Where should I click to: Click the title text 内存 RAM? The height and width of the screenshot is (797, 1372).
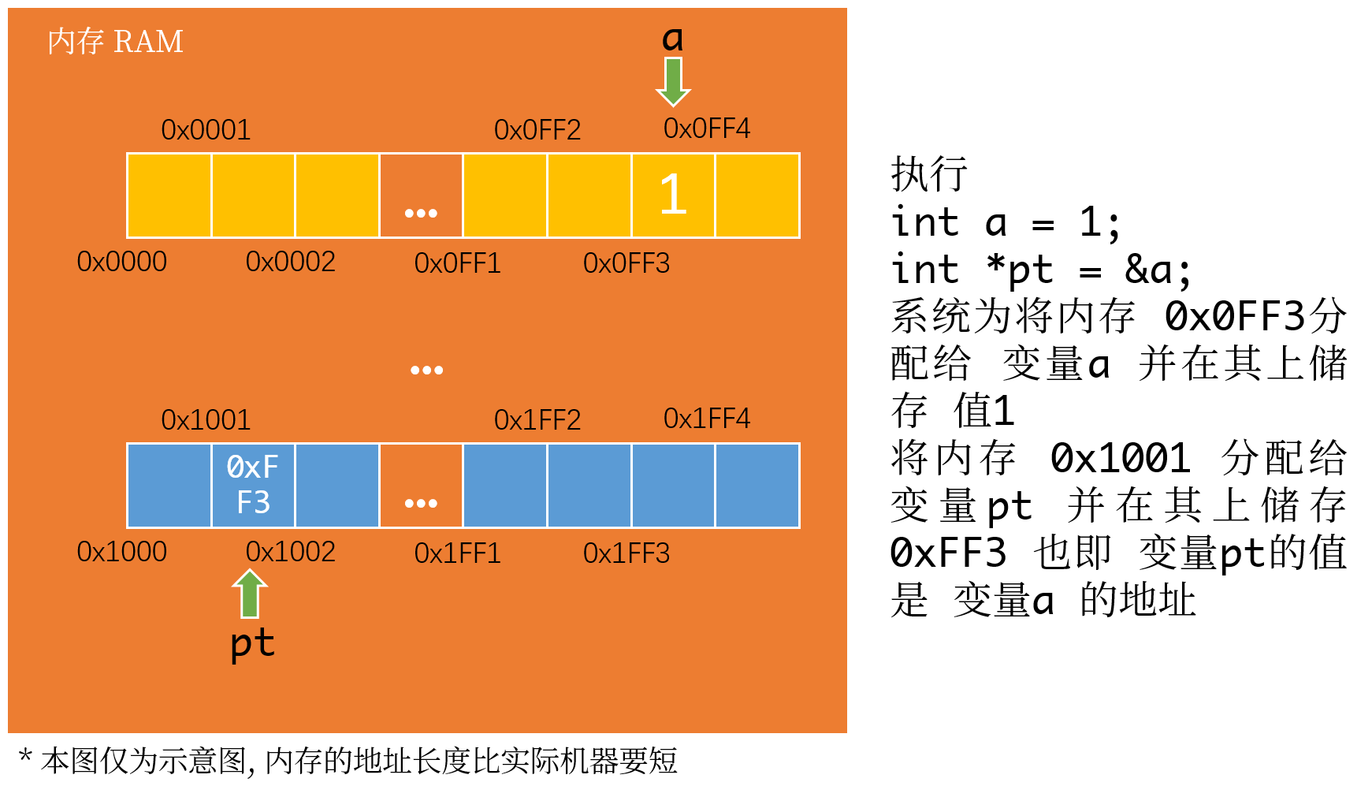click(115, 41)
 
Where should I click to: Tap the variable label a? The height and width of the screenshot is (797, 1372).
click(672, 39)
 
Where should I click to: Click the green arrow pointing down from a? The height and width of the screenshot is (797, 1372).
click(673, 81)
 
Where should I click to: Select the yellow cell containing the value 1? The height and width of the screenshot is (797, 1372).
click(673, 195)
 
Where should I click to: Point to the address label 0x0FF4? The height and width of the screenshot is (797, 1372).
click(706, 128)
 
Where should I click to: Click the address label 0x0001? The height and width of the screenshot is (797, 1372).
click(206, 130)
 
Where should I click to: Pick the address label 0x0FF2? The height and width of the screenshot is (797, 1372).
click(537, 130)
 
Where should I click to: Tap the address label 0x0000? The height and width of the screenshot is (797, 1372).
click(121, 262)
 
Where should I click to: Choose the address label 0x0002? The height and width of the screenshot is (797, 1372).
click(290, 262)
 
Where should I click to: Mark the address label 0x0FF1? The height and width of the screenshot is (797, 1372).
click(457, 263)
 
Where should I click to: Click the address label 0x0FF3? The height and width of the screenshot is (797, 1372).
click(626, 263)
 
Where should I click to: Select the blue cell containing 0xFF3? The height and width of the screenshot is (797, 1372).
click(253, 485)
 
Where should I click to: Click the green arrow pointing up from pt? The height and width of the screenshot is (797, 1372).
click(250, 593)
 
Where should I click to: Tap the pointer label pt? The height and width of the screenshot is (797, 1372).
click(252, 643)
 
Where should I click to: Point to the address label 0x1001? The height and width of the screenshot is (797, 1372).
click(206, 420)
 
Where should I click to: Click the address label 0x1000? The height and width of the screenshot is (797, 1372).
click(121, 552)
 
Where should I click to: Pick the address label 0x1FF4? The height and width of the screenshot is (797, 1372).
click(706, 419)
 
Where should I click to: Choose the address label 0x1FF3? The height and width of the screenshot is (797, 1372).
click(626, 553)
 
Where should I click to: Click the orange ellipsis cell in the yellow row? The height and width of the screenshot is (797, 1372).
click(421, 196)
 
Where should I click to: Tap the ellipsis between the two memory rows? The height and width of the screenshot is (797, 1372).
click(426, 370)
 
